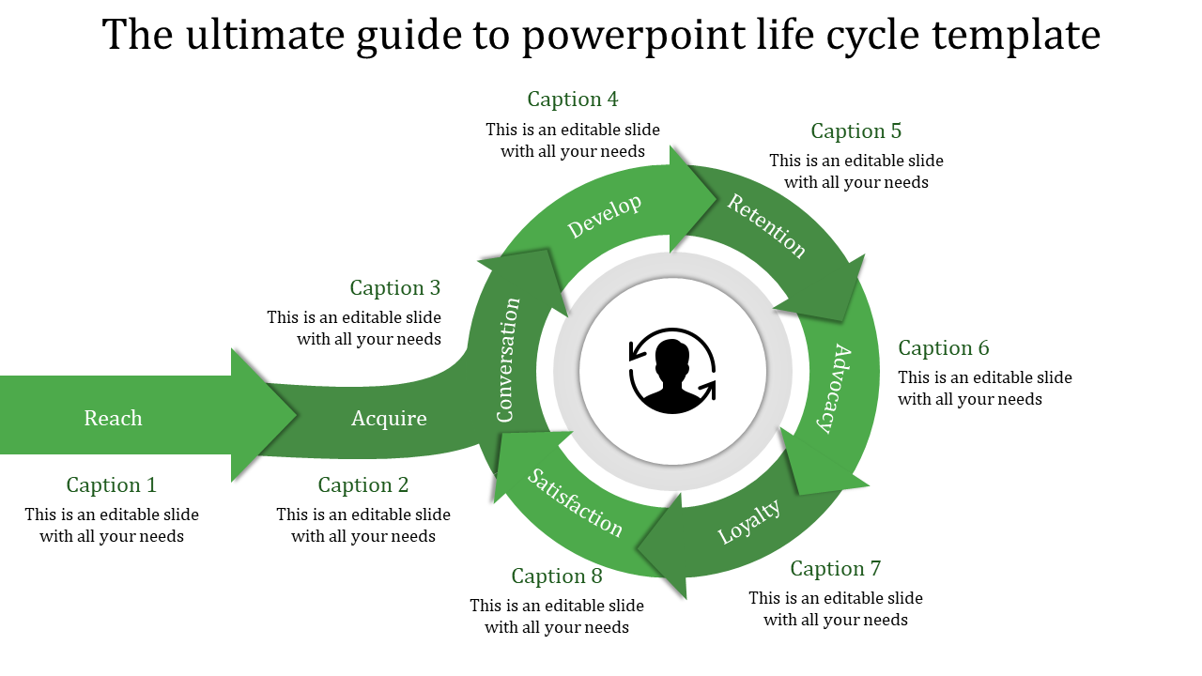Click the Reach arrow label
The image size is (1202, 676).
coord(114,419)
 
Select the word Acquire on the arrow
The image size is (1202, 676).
coord(389,419)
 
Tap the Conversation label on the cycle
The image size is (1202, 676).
coord(508,360)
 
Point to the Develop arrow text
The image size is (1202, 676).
coord(605,217)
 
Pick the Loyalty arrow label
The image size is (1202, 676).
coord(749,522)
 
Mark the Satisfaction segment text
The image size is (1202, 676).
coord(575,503)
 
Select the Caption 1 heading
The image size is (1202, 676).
coord(112,485)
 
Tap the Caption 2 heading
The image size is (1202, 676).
coord(363,485)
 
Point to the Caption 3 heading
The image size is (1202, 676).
coord(395,288)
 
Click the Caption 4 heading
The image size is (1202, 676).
coord(573,100)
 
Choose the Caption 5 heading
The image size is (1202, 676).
coord(856,131)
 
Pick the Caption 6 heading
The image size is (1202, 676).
coord(944,348)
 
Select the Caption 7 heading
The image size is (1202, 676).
coord(836,569)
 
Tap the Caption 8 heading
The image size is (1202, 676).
coord(557,576)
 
